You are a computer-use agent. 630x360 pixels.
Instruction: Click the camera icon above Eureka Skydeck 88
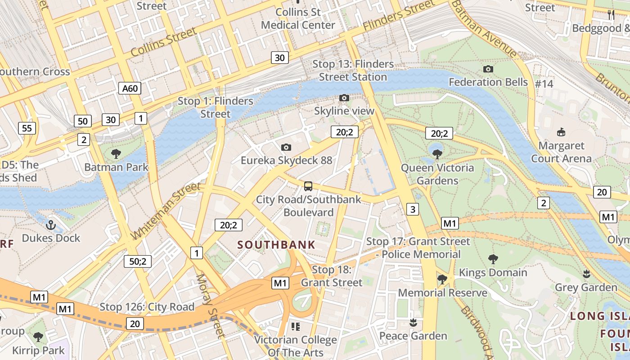pos(286,147)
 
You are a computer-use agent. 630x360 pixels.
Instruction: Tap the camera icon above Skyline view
pos(344,98)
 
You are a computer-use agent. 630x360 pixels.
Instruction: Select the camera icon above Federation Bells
pos(488,69)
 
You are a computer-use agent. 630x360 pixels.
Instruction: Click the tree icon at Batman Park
pos(116,154)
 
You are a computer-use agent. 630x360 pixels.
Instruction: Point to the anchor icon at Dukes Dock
pos(51,225)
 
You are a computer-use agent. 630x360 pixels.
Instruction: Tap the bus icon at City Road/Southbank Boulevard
pos(308,186)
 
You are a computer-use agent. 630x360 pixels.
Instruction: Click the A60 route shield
pos(130,88)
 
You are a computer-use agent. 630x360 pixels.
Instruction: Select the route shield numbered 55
pos(27,128)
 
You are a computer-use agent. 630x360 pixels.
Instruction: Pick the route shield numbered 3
pos(413,209)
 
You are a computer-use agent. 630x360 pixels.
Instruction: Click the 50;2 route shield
pos(138,261)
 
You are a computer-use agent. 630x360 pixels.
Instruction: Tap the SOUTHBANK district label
pos(276,245)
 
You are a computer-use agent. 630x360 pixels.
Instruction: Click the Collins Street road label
pos(164,42)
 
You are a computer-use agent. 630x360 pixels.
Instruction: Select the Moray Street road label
pos(210,306)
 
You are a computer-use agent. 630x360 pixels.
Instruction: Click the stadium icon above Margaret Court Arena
pos(561,132)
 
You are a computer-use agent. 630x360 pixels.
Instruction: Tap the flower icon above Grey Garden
pos(586,274)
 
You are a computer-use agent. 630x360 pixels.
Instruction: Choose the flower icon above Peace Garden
pos(413,322)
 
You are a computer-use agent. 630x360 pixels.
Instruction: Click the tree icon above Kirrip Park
pos(38,337)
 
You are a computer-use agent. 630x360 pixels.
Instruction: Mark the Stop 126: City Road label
pos(147,307)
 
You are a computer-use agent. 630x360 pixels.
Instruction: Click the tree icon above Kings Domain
pos(493,259)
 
